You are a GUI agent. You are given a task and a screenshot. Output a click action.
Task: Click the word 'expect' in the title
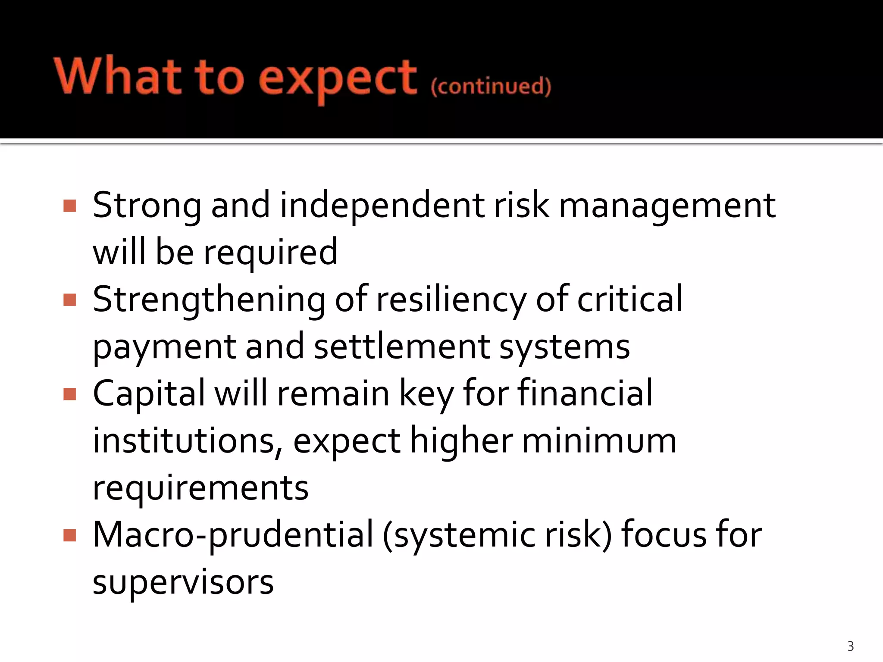[x=338, y=80]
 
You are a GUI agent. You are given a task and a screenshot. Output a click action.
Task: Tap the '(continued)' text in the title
[x=491, y=86]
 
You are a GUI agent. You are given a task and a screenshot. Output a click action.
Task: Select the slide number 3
[x=850, y=646]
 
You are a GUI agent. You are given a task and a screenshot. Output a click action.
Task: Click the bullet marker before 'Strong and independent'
[x=69, y=206]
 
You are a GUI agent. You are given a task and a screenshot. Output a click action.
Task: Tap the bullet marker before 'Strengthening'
[x=69, y=300]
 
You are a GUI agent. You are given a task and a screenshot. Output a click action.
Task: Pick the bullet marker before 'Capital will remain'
[x=69, y=394]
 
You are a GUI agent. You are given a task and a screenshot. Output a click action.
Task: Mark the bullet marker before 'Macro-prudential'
[x=69, y=535]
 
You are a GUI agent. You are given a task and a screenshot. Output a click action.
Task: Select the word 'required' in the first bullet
[x=270, y=253]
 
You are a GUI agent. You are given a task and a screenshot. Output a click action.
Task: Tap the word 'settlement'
[x=402, y=347]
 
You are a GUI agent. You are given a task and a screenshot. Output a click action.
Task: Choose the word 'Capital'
[x=149, y=394]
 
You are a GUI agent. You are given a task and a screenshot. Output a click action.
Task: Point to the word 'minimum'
[x=599, y=441]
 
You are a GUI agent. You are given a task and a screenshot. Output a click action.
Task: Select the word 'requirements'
[x=200, y=489]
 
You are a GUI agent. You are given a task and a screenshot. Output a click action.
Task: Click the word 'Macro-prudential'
[x=233, y=536]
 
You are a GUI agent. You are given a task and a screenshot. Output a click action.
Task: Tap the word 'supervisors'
[x=183, y=583]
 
